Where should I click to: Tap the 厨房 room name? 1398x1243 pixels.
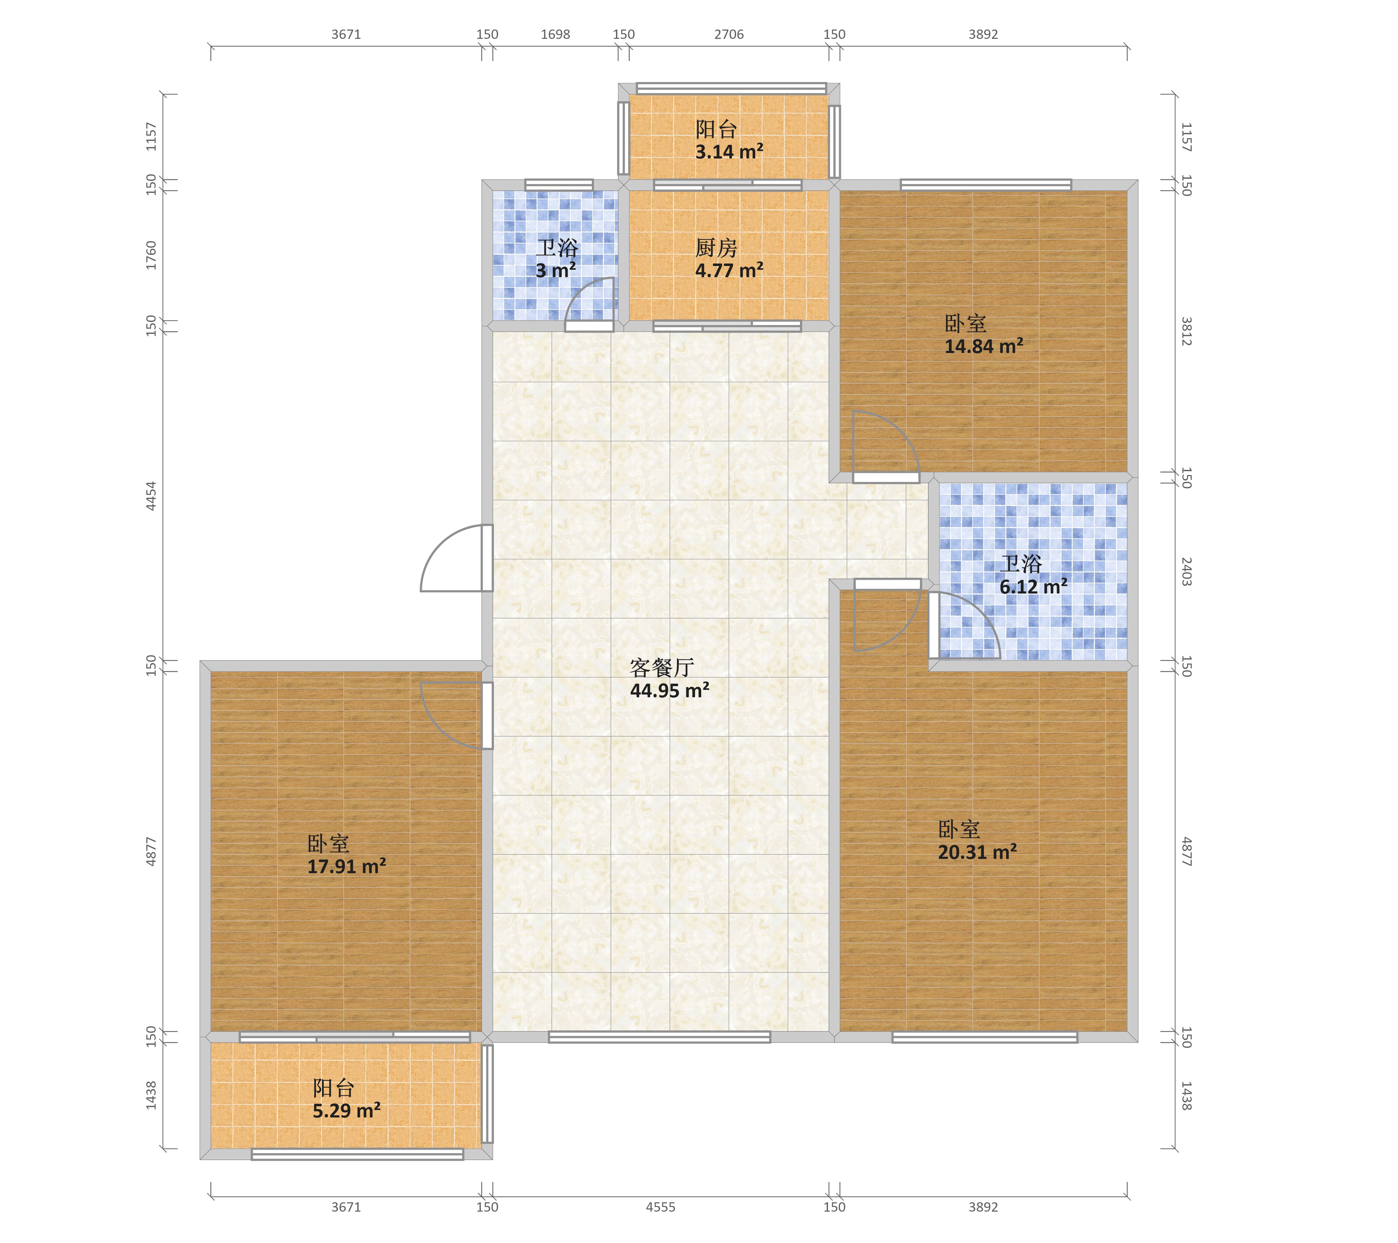(x=716, y=248)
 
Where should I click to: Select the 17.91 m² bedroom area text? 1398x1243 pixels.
(x=347, y=867)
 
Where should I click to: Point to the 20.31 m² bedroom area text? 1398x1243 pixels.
(x=977, y=852)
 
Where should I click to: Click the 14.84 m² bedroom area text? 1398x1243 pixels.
(x=984, y=346)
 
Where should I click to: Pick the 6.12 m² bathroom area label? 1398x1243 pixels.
(x=1034, y=587)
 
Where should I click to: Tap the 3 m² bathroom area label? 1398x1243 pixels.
(x=556, y=271)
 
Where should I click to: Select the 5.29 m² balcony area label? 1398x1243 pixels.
(x=347, y=1110)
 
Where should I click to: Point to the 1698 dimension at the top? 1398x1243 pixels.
(x=555, y=34)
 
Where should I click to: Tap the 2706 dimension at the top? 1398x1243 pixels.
(x=729, y=34)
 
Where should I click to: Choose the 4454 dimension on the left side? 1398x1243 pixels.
(x=151, y=496)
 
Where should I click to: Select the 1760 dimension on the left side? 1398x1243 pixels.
(x=151, y=255)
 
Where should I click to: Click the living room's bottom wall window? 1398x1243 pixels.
(x=659, y=1037)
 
